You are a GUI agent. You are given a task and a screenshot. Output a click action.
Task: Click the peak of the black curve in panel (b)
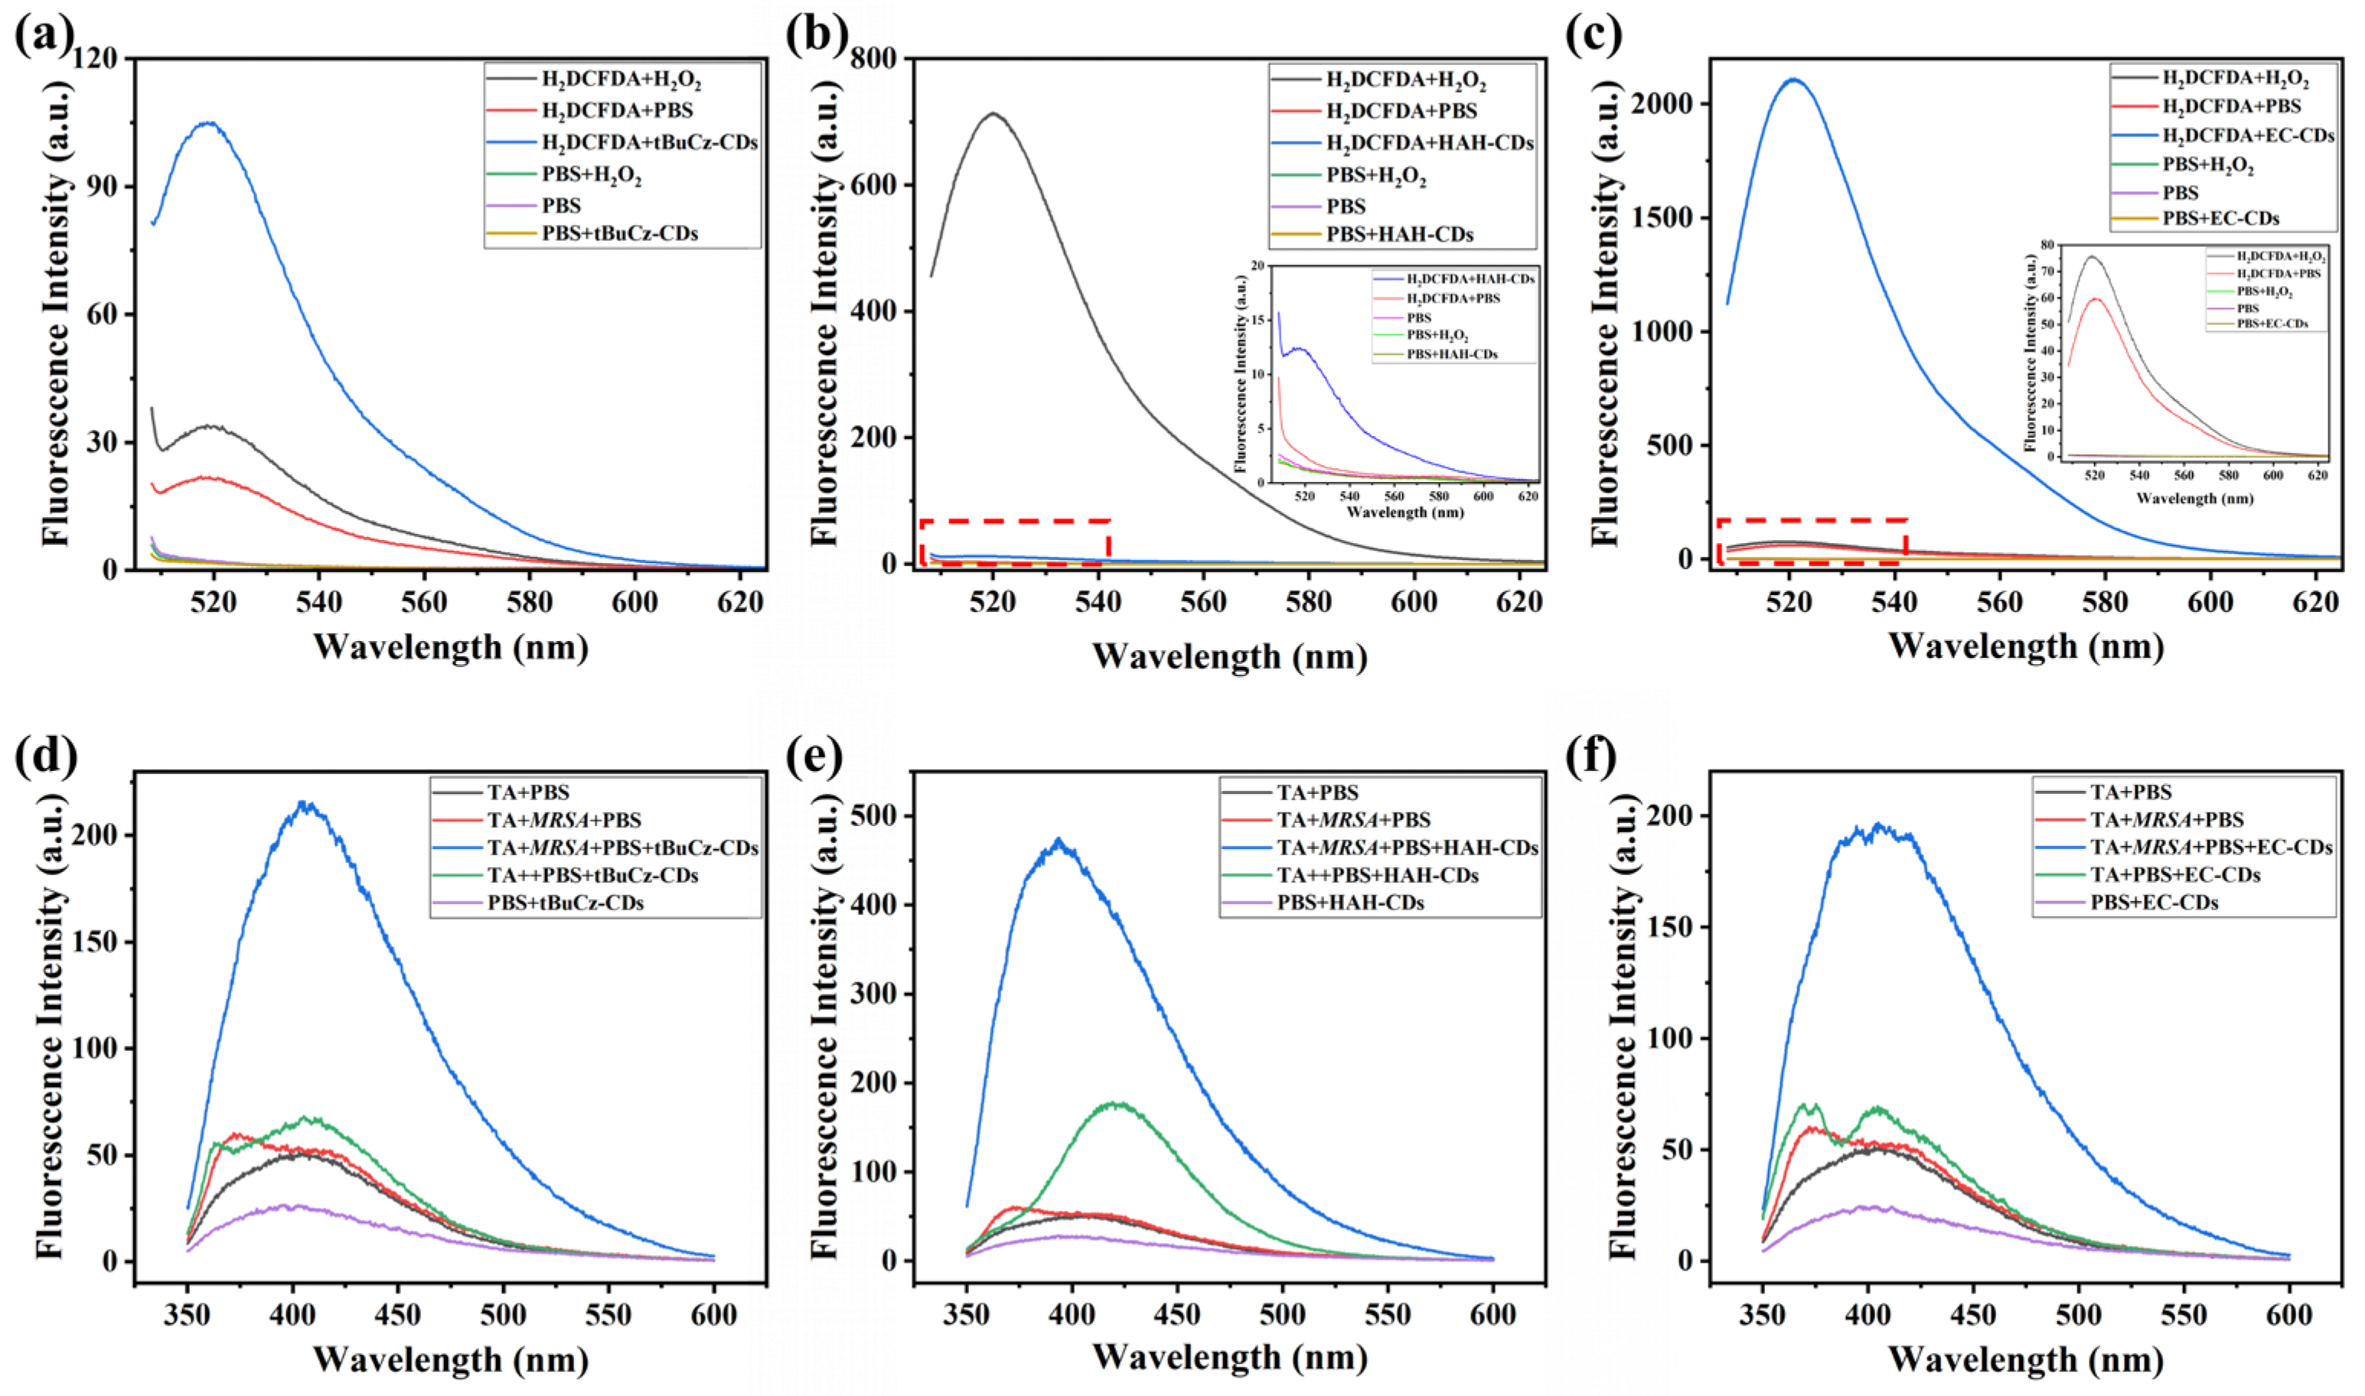[992, 114]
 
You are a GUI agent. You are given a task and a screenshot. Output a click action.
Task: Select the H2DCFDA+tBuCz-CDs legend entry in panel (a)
[648, 142]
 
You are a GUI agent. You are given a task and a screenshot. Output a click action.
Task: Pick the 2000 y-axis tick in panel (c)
[1665, 103]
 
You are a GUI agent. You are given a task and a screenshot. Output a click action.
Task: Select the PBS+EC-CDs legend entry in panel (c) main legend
[2220, 218]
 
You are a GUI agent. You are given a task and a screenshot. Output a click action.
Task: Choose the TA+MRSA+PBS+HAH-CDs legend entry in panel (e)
[1406, 848]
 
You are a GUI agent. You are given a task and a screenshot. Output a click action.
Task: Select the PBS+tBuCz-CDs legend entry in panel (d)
[565, 902]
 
